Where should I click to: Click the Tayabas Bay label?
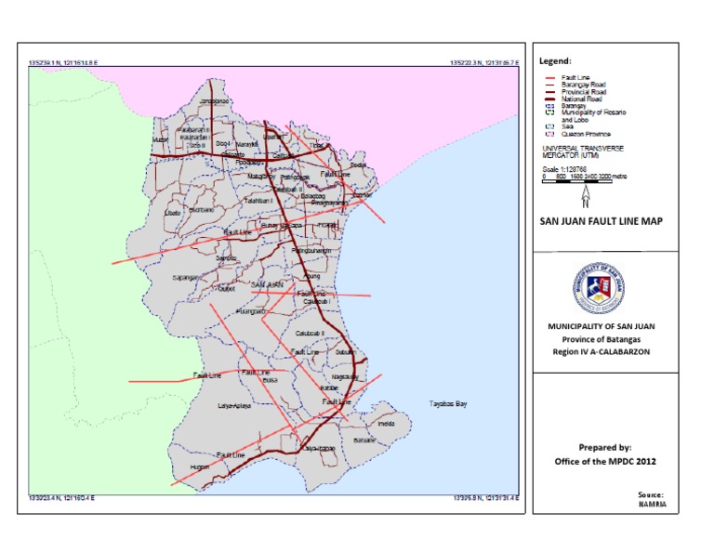pyautogui.click(x=447, y=404)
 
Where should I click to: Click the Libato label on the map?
pyautogui.click(x=172, y=213)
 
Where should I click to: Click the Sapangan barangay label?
pyautogui.click(x=186, y=277)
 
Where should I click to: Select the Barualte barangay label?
pyautogui.click(x=364, y=440)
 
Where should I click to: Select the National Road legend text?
pyautogui.click(x=581, y=99)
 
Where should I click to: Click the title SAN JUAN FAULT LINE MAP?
pyautogui.click(x=600, y=221)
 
